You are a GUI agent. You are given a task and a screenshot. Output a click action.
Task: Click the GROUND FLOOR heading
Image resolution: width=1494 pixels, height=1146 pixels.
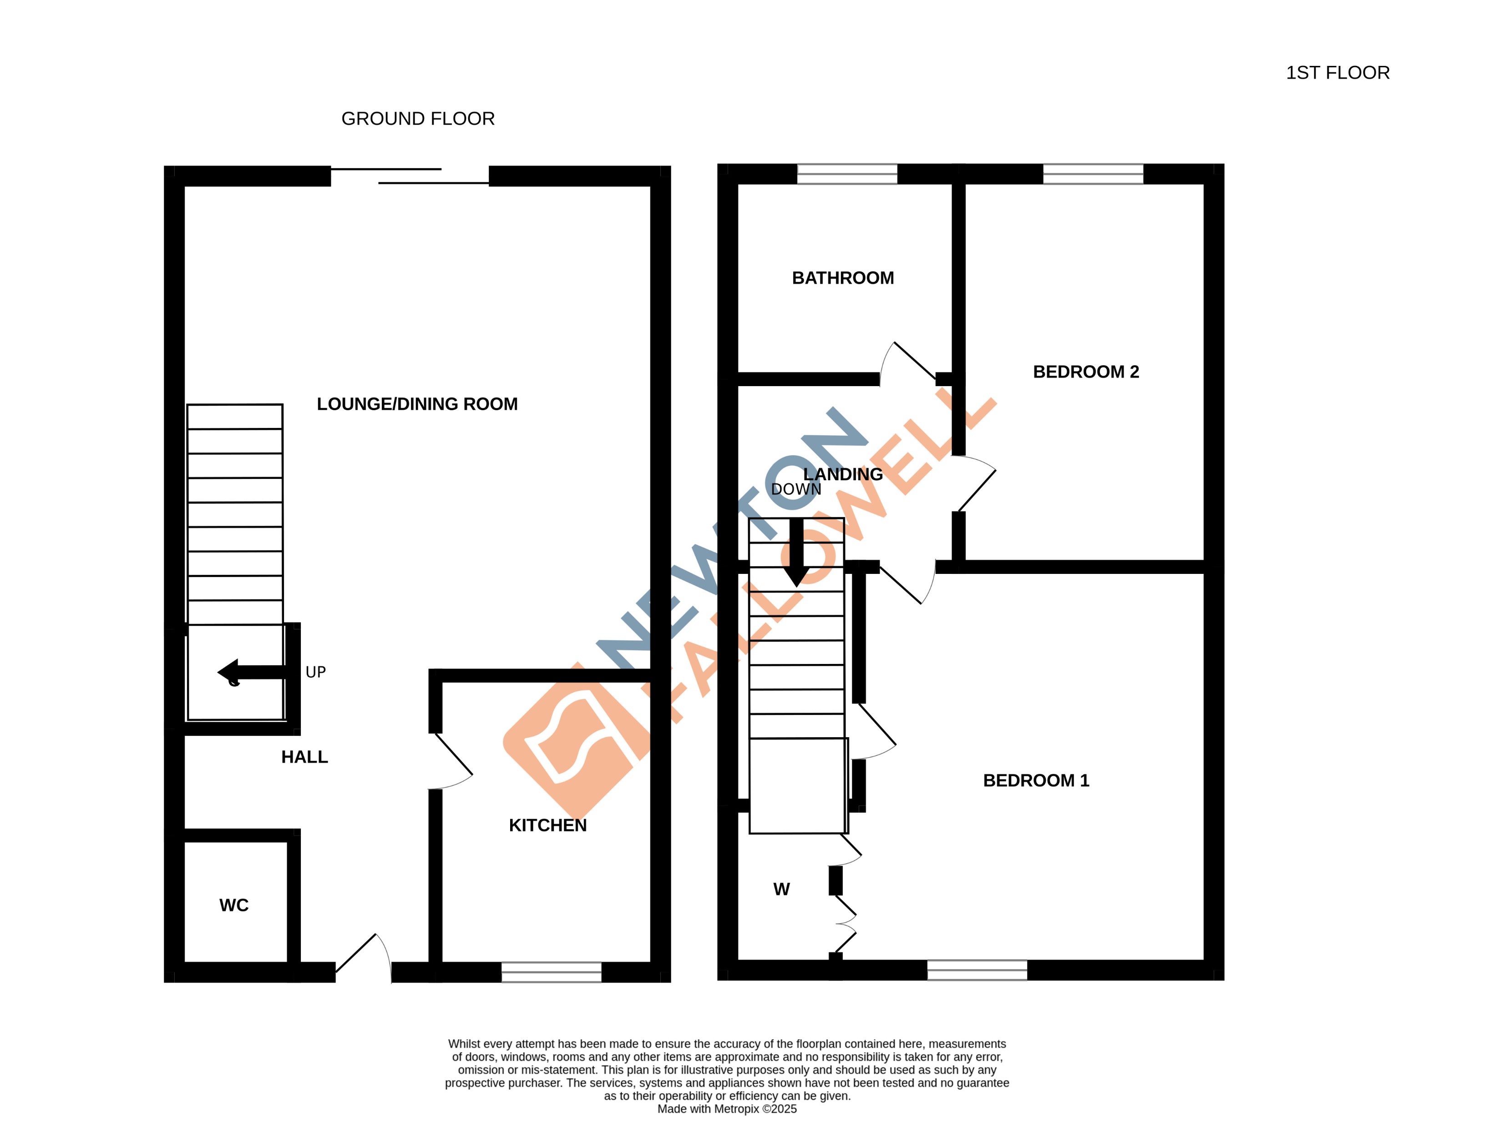click(418, 119)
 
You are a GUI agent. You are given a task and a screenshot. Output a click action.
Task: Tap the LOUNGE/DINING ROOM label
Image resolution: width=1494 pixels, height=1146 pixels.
click(417, 404)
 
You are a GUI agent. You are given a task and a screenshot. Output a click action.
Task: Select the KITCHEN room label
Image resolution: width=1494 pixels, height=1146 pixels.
click(547, 825)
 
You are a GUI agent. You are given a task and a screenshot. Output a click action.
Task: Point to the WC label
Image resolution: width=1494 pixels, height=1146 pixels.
click(233, 905)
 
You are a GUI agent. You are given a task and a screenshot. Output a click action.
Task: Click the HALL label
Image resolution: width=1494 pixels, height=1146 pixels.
click(304, 757)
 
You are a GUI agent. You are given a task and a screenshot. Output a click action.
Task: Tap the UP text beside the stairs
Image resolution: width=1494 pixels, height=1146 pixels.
click(315, 672)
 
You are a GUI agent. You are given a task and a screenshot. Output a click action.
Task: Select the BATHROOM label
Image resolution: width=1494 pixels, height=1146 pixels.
click(842, 277)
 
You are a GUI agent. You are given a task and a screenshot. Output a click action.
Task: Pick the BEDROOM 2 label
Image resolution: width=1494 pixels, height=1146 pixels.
click(1085, 372)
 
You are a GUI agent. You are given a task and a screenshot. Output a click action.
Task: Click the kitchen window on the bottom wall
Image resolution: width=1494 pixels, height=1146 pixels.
click(552, 972)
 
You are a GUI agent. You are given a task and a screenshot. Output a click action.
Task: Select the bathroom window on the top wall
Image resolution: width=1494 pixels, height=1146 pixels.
click(846, 174)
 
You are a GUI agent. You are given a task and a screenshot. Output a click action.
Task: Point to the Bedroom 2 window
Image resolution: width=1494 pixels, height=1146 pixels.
click(1092, 174)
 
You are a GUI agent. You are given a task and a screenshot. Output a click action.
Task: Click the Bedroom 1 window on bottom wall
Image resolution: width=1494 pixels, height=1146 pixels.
click(976, 970)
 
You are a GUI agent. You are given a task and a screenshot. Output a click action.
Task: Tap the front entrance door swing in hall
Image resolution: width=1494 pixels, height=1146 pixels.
click(365, 955)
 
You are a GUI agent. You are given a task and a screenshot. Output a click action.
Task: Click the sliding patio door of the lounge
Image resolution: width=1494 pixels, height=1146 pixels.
click(410, 176)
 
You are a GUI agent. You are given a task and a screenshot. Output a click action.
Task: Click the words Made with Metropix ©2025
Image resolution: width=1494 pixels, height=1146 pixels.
click(727, 1109)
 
